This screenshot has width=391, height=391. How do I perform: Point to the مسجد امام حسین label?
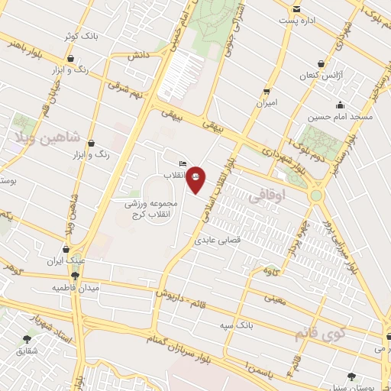click(x=339, y=118)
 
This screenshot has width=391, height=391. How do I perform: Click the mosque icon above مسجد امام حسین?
click(x=340, y=105)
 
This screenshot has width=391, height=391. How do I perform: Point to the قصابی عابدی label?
click(x=220, y=239)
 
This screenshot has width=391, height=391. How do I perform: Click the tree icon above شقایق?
click(x=27, y=338)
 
